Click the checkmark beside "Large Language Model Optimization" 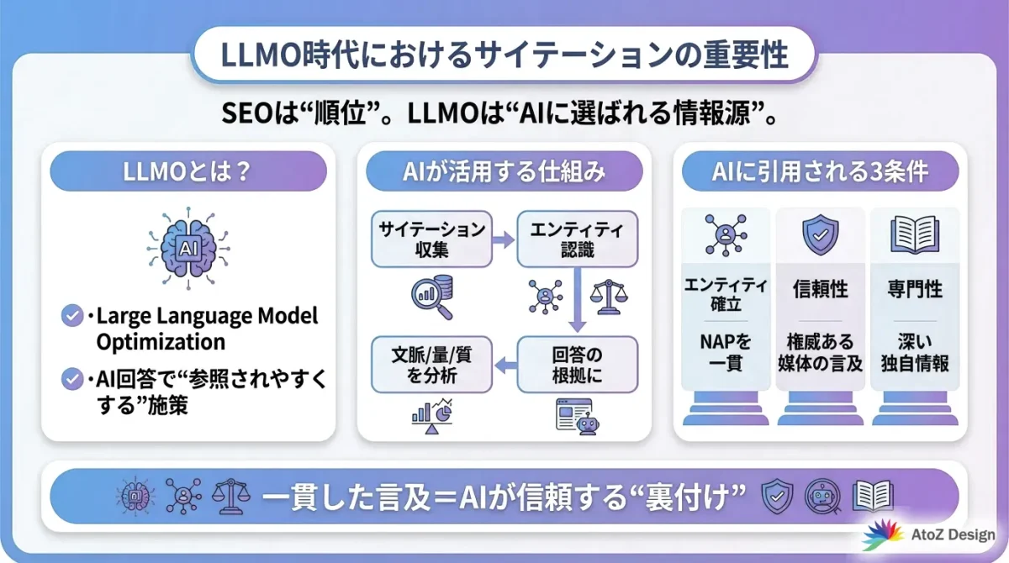tap(72, 316)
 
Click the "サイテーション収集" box tap(431, 239)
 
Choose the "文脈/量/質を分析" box tap(431, 364)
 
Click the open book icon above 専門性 tap(914, 234)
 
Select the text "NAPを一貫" tap(724, 353)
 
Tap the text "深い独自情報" tap(914, 353)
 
